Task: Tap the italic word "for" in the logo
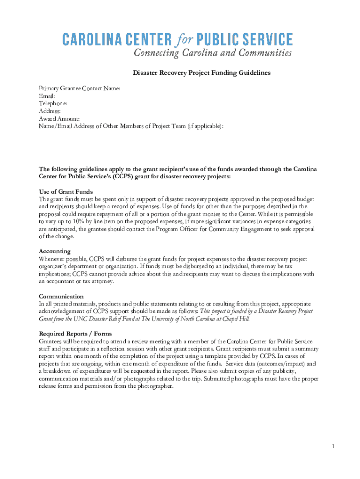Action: (x=184, y=39)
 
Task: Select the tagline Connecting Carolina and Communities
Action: (x=213, y=53)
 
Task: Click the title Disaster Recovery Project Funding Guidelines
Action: (x=202, y=73)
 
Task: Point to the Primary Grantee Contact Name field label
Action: (x=79, y=88)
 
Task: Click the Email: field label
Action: (x=47, y=95)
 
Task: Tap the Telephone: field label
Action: (x=53, y=103)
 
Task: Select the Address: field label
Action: (x=50, y=111)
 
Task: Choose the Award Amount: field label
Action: (x=59, y=119)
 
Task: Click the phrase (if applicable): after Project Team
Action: (x=206, y=126)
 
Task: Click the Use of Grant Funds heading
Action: (x=65, y=192)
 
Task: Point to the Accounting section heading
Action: (x=55, y=251)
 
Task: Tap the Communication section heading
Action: (x=61, y=297)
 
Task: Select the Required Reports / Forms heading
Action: (x=75, y=334)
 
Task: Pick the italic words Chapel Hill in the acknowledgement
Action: (x=236, y=319)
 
